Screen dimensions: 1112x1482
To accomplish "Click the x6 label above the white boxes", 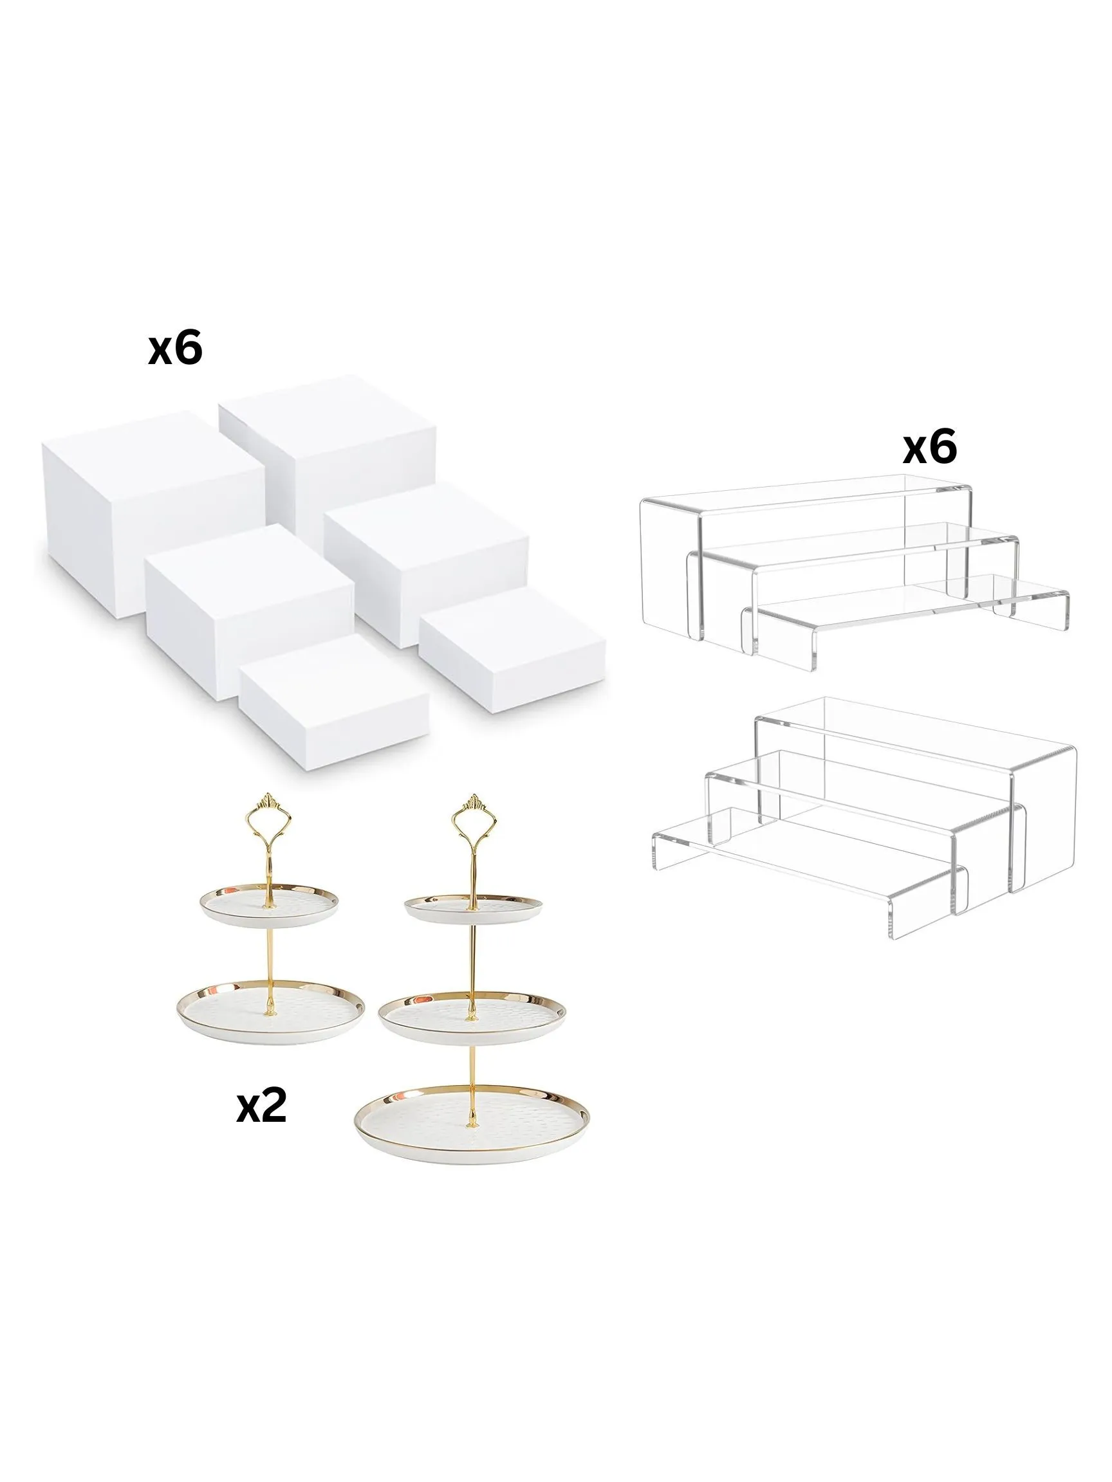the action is [x=175, y=349].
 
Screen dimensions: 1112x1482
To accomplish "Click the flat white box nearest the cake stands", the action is [x=335, y=702].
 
